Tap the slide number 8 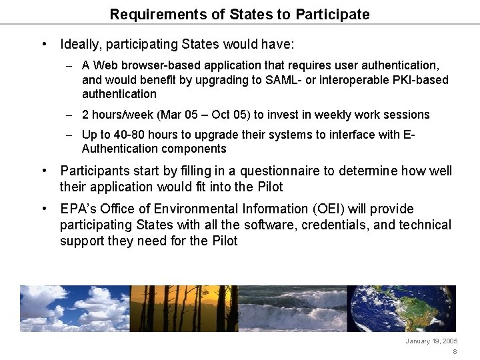[455, 352]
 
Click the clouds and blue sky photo [74, 309]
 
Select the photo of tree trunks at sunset [183, 309]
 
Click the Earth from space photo [401, 309]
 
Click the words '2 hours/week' [114, 115]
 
